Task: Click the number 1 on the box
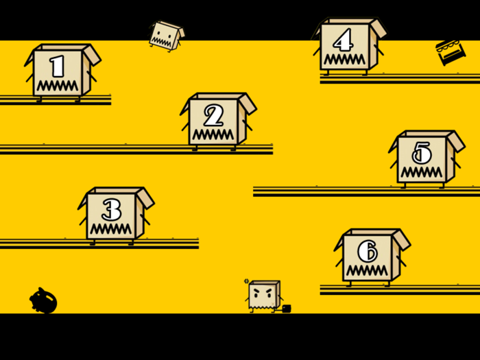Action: (x=58, y=67)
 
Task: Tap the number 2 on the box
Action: (x=213, y=115)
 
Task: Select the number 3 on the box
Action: (x=111, y=210)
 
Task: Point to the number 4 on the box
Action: (x=343, y=40)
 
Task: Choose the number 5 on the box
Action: (x=421, y=153)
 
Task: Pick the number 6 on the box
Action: (x=367, y=251)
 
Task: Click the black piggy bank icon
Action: (x=43, y=301)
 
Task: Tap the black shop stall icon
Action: (x=451, y=52)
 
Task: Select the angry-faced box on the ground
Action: (x=264, y=295)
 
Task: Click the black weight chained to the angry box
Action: (x=287, y=309)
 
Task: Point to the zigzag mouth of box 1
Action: (x=58, y=86)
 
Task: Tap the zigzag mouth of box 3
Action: (x=110, y=228)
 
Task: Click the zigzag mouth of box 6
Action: (x=367, y=270)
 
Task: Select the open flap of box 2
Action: (x=248, y=103)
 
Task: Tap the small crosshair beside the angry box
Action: (x=247, y=281)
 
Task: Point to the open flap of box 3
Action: (x=145, y=197)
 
